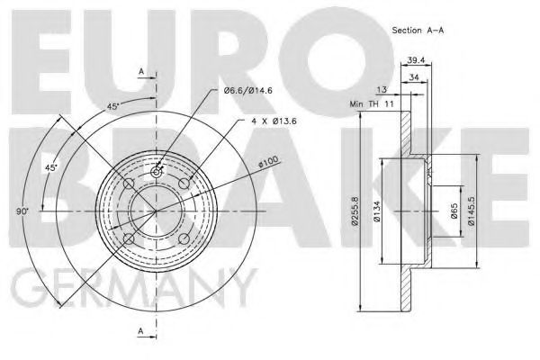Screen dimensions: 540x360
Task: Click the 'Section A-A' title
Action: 418,31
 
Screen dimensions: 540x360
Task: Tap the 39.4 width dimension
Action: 416,60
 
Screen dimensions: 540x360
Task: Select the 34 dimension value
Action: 413,77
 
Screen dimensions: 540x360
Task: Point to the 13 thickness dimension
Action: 382,90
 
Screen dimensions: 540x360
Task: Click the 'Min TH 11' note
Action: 372,104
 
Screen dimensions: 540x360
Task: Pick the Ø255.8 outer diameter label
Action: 355,211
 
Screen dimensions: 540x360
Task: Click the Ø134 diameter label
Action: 377,211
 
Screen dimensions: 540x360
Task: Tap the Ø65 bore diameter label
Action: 454,211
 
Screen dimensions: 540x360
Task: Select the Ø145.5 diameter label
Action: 471,211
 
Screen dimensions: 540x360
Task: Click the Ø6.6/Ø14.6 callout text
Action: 248,91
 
